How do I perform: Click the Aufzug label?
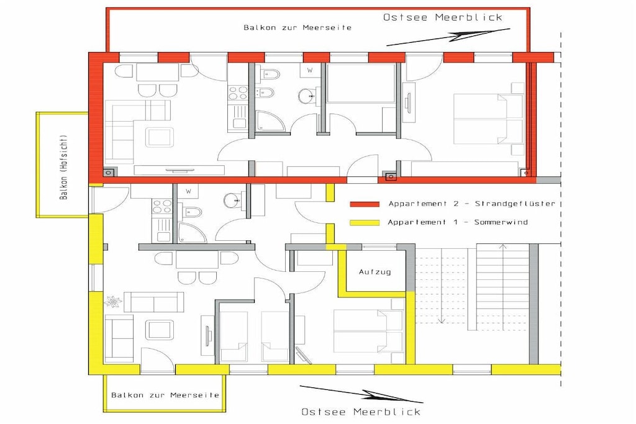click(375, 272)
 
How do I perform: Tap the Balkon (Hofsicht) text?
click(64, 167)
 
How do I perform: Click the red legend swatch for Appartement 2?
click(365, 204)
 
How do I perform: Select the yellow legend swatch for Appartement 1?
click(365, 222)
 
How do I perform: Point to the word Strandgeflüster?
click(515, 204)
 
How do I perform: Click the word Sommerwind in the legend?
click(501, 222)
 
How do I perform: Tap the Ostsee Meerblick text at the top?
click(442, 17)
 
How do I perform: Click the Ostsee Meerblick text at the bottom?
click(361, 412)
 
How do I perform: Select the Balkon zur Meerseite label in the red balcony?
click(298, 27)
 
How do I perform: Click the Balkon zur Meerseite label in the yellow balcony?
click(165, 395)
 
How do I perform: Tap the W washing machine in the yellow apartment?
click(189, 191)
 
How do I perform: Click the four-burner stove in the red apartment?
click(238, 94)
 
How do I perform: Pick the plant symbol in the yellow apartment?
click(112, 302)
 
